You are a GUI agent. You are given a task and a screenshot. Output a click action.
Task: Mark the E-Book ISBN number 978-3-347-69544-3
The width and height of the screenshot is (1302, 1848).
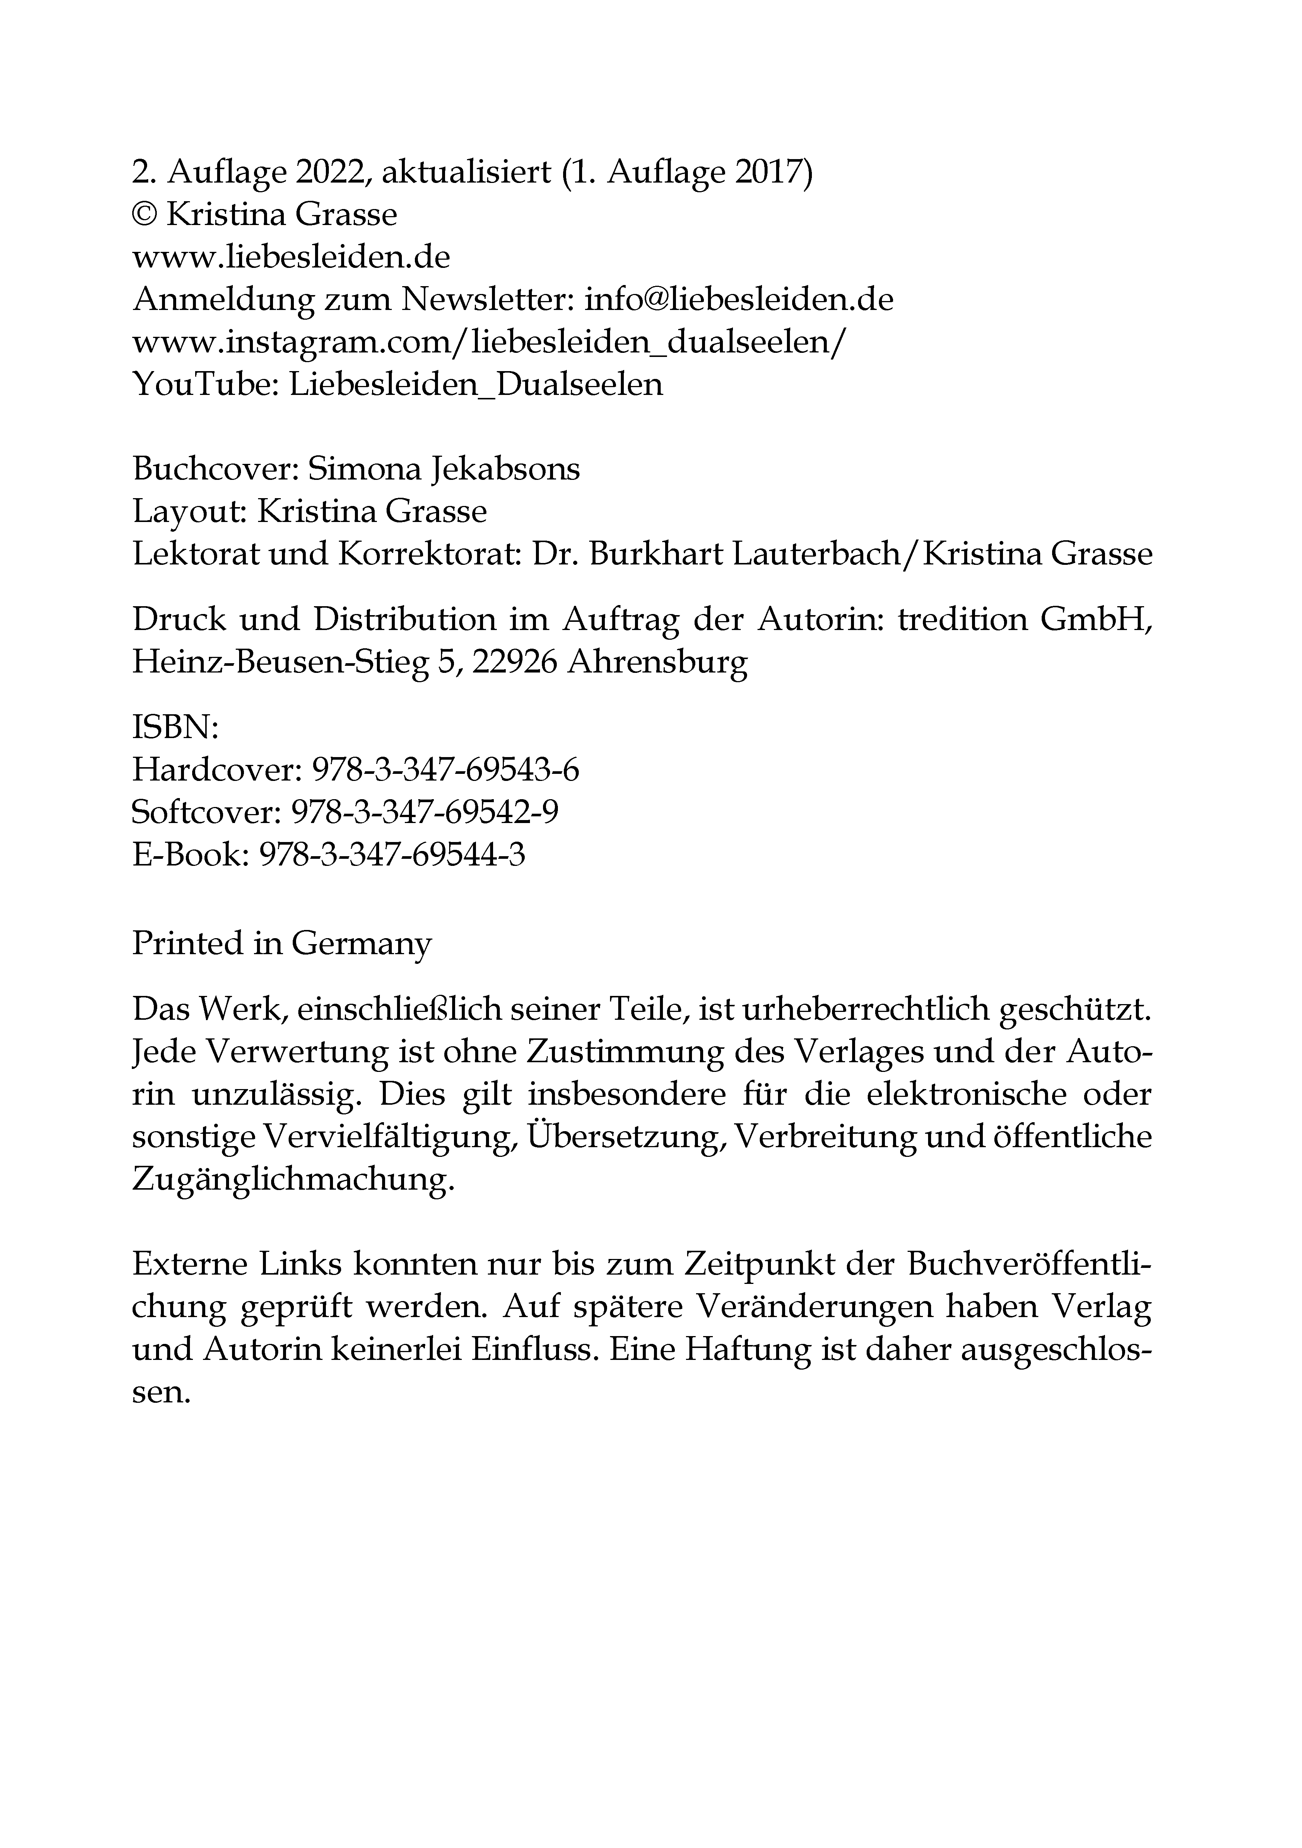[392, 854]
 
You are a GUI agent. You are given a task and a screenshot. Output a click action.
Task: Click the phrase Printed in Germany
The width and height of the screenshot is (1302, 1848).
[282, 943]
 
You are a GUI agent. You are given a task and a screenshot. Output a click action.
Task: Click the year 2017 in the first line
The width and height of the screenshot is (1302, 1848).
[771, 172]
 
